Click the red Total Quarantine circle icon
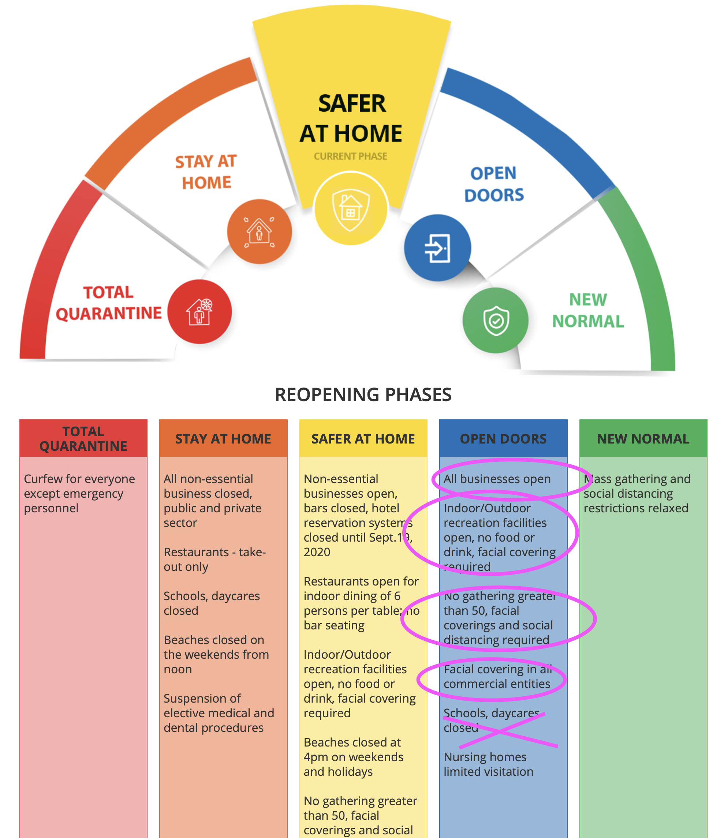(199, 312)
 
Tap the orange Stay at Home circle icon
(259, 232)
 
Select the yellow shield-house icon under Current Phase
(351, 209)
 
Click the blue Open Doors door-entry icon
(437, 248)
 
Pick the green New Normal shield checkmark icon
(496, 320)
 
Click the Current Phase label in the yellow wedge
(350, 156)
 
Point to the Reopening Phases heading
(363, 395)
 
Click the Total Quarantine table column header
(83, 438)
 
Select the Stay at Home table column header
(223, 438)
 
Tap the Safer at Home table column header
(363, 438)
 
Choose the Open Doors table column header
(503, 438)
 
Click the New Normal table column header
(643, 438)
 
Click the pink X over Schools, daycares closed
(501, 730)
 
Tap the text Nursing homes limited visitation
(488, 764)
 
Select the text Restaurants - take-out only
(214, 560)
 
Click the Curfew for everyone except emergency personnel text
(79, 493)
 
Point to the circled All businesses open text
(497, 479)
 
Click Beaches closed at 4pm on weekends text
(353, 757)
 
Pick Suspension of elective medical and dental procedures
(219, 713)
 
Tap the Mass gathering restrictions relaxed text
(637, 493)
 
